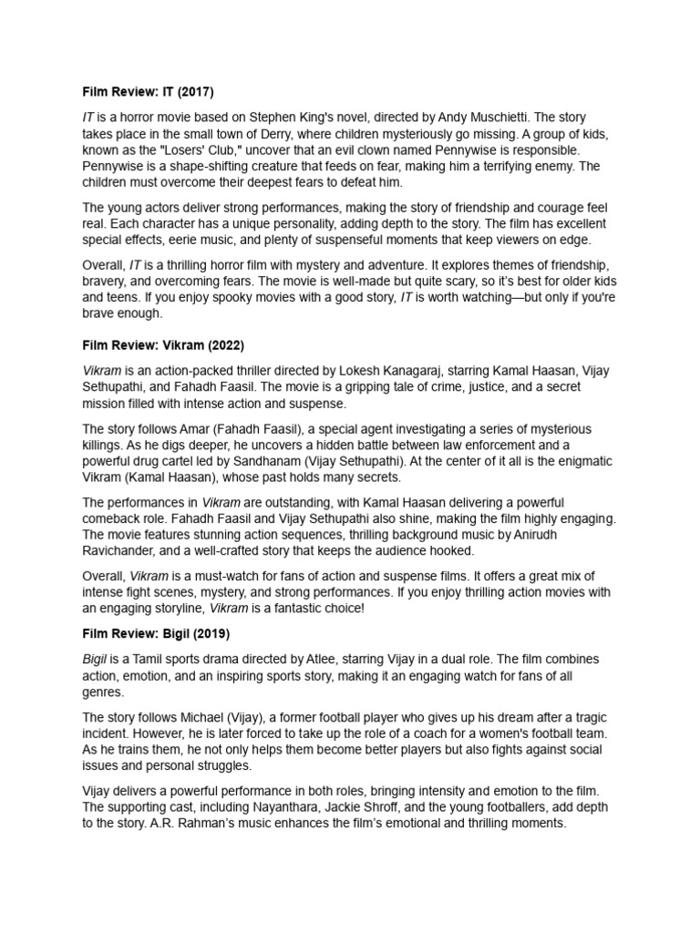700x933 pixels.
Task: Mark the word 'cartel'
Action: pyautogui.click(x=181, y=462)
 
